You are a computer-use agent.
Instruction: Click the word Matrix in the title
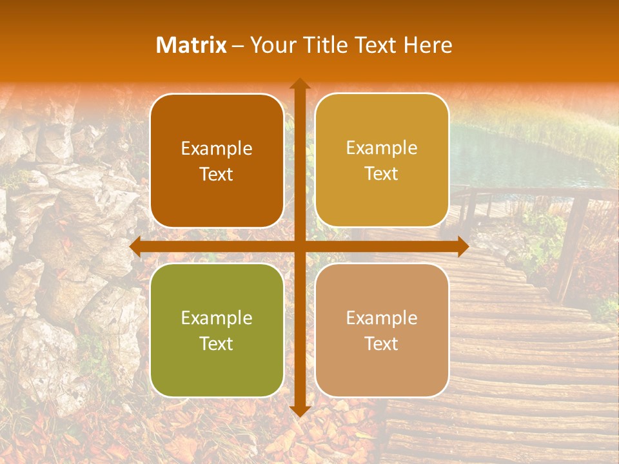coord(192,45)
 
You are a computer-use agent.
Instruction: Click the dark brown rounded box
coord(217,161)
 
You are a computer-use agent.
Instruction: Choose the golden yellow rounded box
coord(382,160)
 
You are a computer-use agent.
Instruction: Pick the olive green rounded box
coord(217,330)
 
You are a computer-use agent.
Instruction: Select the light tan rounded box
coord(382,330)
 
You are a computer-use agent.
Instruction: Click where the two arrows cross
coord(299,247)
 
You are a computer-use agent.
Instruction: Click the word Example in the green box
coord(217,318)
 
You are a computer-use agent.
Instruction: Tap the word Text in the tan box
coord(382,343)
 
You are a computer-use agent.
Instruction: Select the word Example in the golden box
coord(382,148)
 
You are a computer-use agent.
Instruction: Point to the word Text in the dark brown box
coord(217,174)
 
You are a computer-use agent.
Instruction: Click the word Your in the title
coord(270,45)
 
